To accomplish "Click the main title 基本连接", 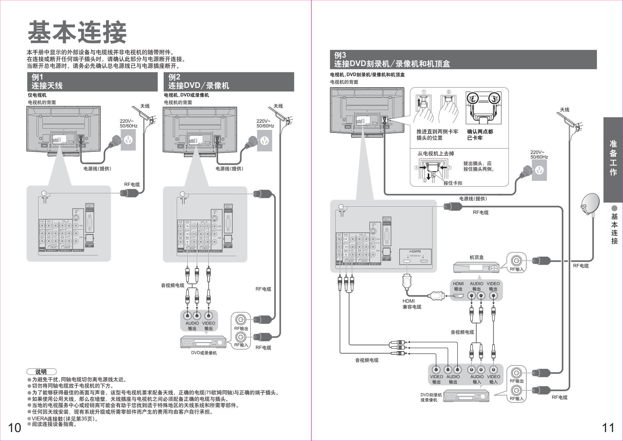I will pos(77,32).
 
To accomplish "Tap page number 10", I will pos(14,428).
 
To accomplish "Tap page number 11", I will pos(608,428).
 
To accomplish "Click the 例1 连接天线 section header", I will pos(92,82).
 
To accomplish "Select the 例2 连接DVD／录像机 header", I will pos(228,82).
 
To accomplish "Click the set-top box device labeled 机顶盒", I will pos(476,268).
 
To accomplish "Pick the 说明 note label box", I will pos(41,372).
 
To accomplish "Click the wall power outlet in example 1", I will pos(128,140).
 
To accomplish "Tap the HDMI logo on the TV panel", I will pos(415,251).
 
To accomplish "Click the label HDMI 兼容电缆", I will pos(412,304).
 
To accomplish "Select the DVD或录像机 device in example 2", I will pos(203,342).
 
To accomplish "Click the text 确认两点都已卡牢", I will pos(480,135).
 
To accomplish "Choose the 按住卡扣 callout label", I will pos(453,183).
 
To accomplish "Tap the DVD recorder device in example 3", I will pos(466,396).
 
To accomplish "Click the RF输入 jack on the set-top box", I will pos(516,261).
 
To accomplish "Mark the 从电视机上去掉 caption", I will pos(436,154).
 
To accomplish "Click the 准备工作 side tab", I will pos(613,158).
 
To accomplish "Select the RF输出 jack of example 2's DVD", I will pos(241,320).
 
